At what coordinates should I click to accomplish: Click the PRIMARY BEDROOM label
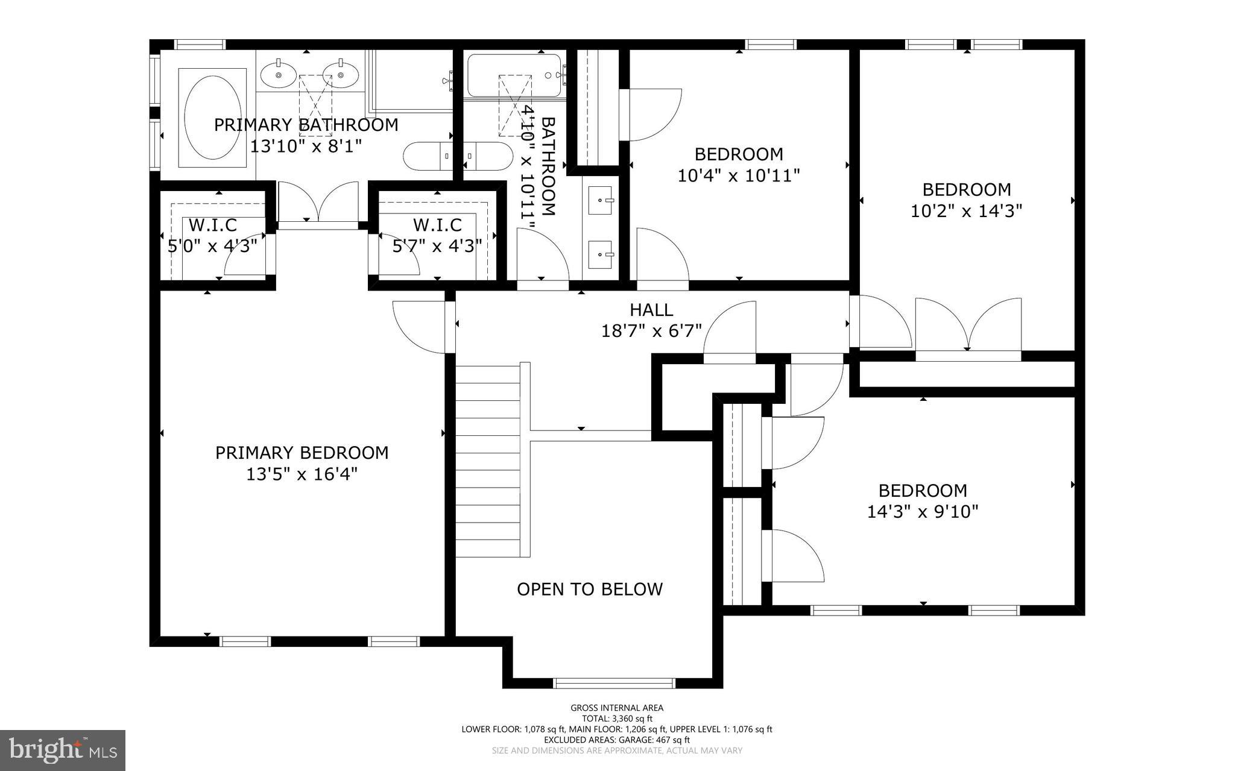(x=302, y=453)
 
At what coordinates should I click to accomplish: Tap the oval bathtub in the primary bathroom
(x=212, y=118)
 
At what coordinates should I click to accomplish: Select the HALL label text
(x=651, y=310)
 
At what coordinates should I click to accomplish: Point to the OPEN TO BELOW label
(x=590, y=589)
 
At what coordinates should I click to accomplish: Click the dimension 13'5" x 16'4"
(x=302, y=474)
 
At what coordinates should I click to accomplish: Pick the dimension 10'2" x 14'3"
(x=967, y=212)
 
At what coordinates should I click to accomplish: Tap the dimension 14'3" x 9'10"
(x=923, y=512)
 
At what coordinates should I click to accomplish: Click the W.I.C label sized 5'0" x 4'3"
(x=213, y=225)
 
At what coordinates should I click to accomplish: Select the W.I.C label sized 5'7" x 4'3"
(x=437, y=225)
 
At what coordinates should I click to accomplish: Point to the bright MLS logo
(x=63, y=751)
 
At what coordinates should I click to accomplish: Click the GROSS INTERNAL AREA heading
(x=617, y=708)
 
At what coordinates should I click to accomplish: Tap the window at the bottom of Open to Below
(x=614, y=683)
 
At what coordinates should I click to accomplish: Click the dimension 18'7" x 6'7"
(x=651, y=331)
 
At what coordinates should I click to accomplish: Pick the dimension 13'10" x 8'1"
(x=306, y=146)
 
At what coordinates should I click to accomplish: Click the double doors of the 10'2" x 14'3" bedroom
(x=968, y=329)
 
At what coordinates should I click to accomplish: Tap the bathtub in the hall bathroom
(x=516, y=77)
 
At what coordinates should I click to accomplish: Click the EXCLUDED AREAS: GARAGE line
(x=617, y=740)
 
